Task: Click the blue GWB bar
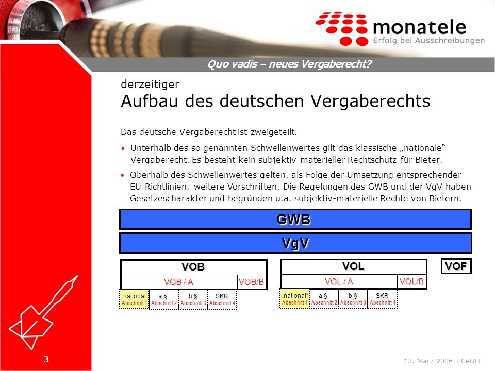(x=295, y=220)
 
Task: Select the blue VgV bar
(x=295, y=243)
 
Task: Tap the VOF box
(x=456, y=266)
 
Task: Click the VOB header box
(x=193, y=267)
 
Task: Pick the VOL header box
(x=354, y=266)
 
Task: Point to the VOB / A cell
(x=179, y=282)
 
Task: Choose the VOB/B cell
(x=252, y=282)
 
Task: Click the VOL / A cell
(x=339, y=281)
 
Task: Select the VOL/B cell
(x=412, y=281)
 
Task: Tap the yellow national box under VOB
(x=134, y=299)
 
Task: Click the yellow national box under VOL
(x=294, y=299)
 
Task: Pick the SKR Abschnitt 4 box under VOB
(x=222, y=299)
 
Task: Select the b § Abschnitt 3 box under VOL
(x=353, y=299)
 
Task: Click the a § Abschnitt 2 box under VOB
(x=163, y=299)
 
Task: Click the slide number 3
(x=46, y=359)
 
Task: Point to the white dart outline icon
(x=43, y=313)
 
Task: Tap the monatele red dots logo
(x=342, y=28)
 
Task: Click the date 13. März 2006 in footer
(x=428, y=361)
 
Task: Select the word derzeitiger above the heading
(x=150, y=85)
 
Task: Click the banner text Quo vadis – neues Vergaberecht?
(x=289, y=64)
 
